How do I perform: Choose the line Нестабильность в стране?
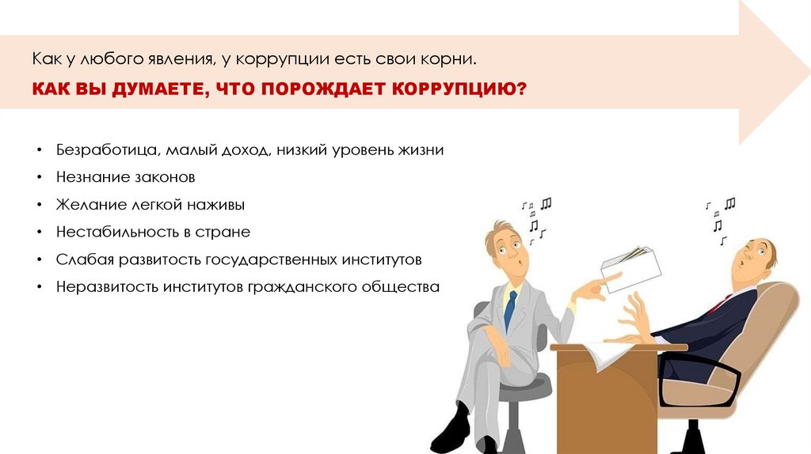[153, 232]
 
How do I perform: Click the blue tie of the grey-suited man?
[510, 308]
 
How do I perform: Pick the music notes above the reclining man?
[720, 214]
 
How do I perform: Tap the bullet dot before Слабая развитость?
[39, 259]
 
